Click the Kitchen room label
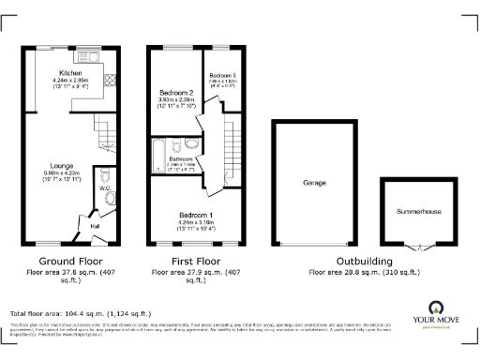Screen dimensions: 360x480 pos(71,73)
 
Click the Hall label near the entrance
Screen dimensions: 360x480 pos(94,225)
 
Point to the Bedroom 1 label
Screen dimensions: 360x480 pos(196,215)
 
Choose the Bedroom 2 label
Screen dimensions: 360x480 pos(176,93)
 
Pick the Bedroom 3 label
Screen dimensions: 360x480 pos(222,75)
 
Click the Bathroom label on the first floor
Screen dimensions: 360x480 pos(180,159)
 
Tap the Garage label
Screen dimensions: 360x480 pos(313,183)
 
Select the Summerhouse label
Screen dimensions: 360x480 pos(417,212)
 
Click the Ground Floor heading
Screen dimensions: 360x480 pos(65,262)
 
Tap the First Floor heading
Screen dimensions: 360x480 pos(196,262)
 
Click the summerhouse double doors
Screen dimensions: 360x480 pos(417,245)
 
